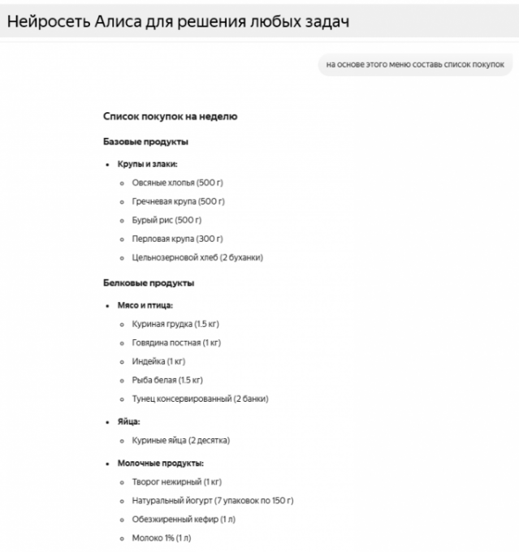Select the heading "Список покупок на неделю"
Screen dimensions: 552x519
point(170,117)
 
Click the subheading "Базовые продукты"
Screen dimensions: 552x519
point(145,142)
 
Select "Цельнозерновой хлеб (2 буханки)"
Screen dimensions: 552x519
point(197,257)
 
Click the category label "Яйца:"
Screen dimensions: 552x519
point(129,422)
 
